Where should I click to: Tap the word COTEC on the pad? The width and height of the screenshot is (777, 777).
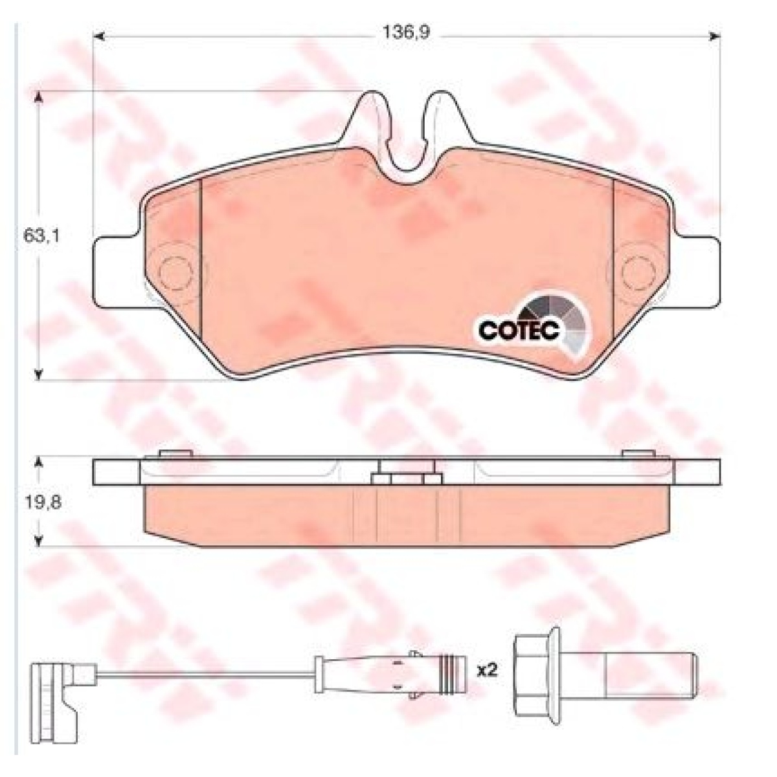pos(518,330)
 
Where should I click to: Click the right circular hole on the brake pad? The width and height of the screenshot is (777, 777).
pos(637,273)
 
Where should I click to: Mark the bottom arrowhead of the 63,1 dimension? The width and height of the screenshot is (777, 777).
pos(39,374)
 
